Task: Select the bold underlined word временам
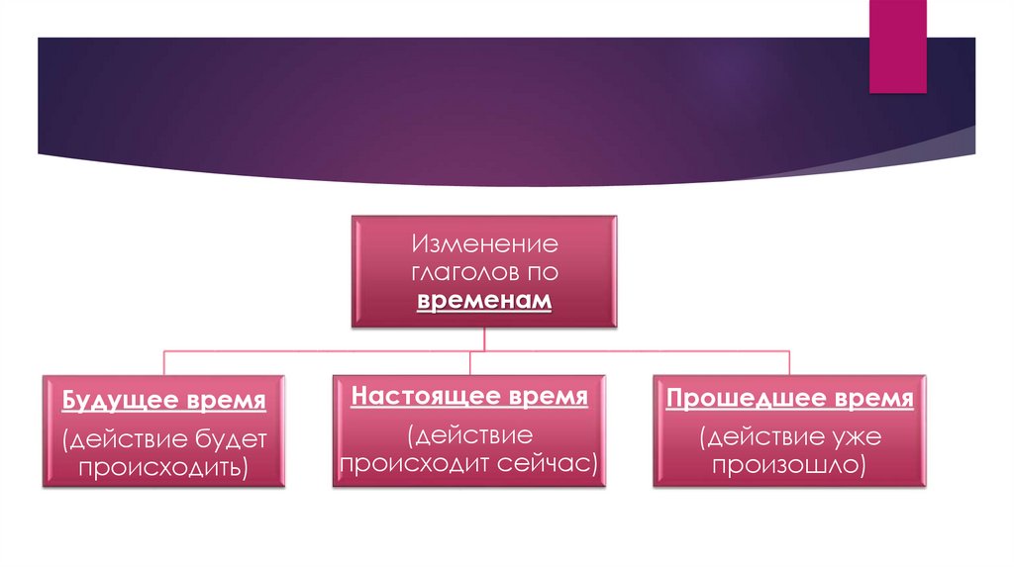pos(484,301)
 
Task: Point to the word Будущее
pos(120,402)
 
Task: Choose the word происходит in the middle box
pos(424,461)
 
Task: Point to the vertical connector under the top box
pos(483,338)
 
